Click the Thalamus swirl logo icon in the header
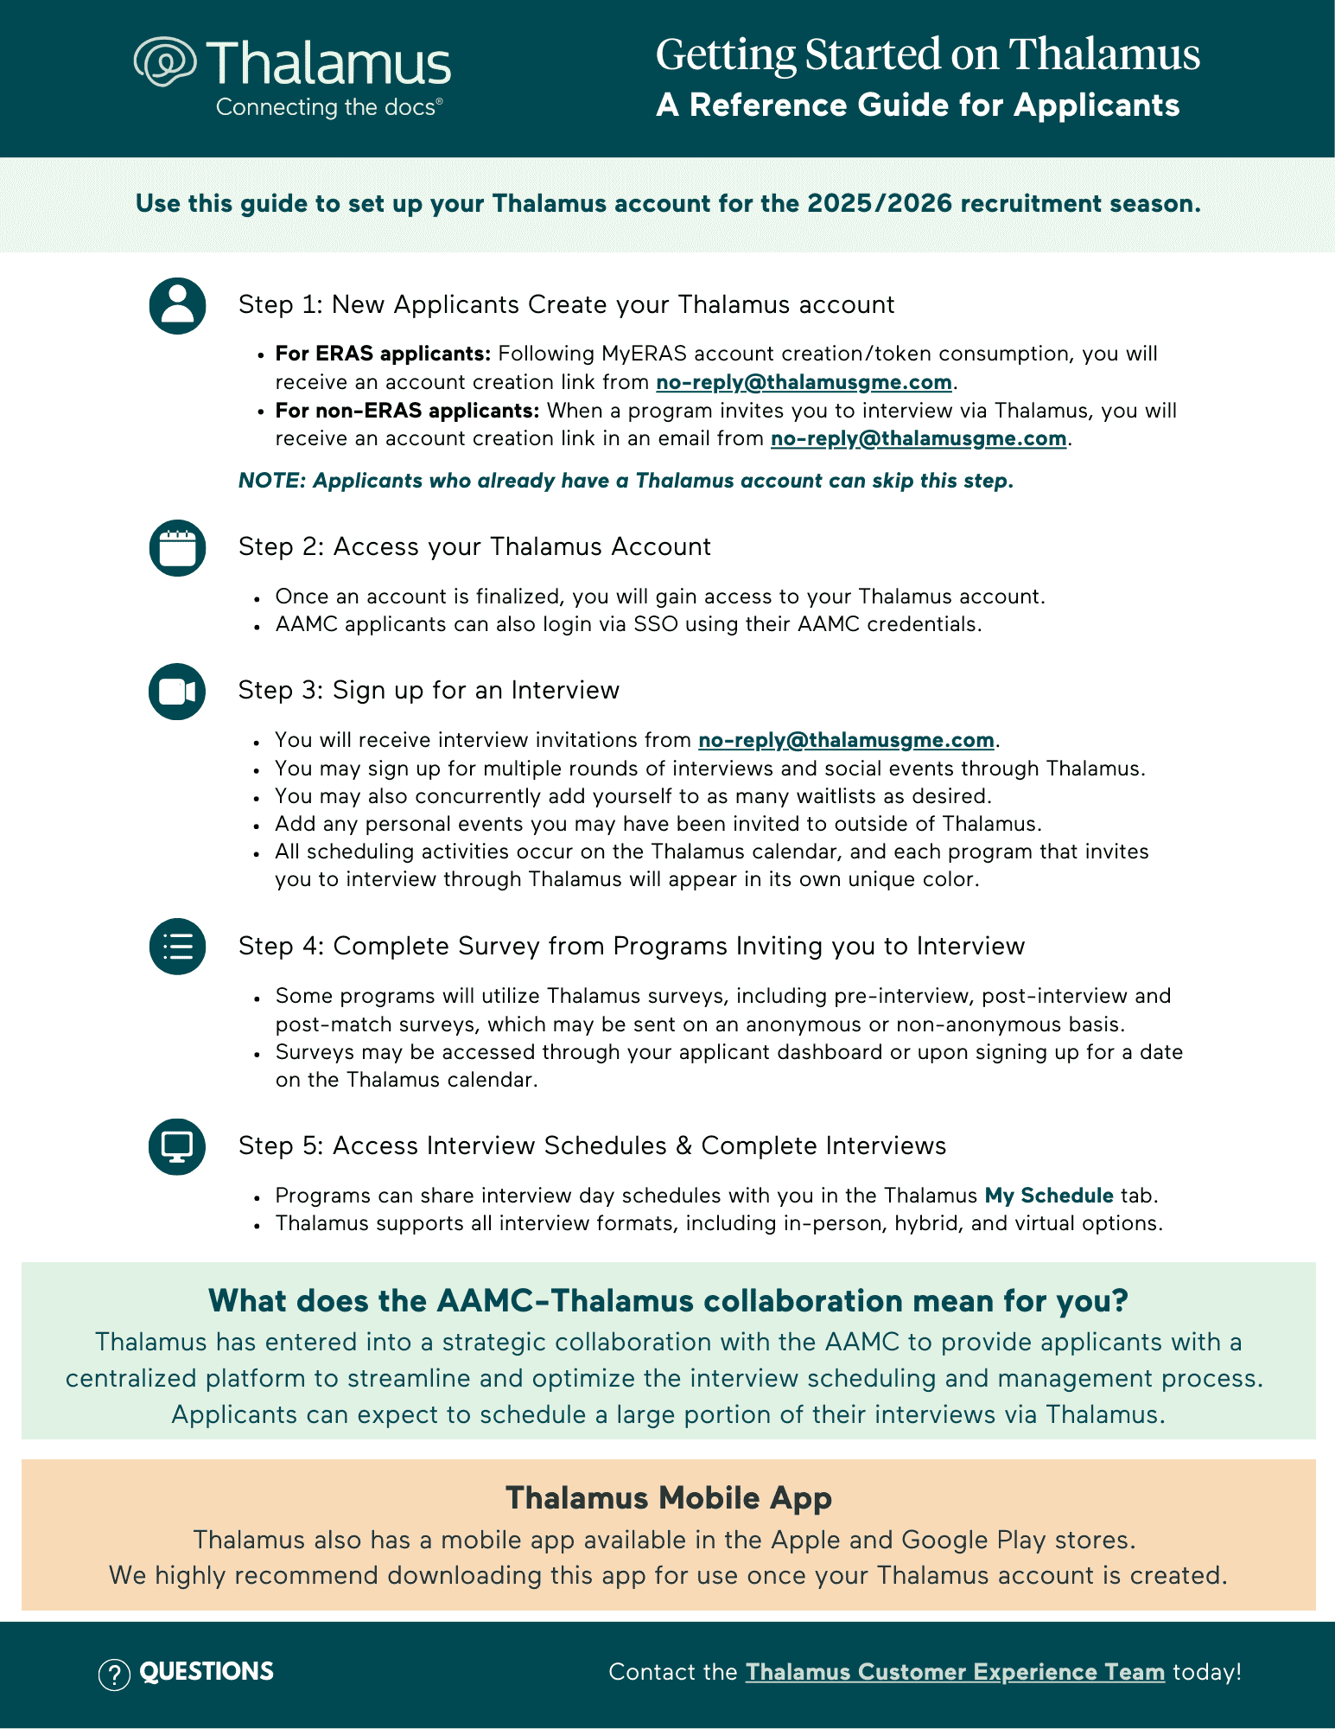[165, 62]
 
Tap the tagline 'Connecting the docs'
[328, 107]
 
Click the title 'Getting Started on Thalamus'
[927, 54]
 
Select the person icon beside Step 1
[177, 306]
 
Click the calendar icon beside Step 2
[177, 548]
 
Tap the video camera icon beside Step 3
[177, 692]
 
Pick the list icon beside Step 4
[177, 947]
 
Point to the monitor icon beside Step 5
[177, 1147]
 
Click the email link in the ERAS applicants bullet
[804, 382]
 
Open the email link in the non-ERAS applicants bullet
[918, 438]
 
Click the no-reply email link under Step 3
[846, 740]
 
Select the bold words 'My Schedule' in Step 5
[1049, 1196]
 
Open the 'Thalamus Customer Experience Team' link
[955, 1672]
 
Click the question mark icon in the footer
[114, 1675]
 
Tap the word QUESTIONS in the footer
[207, 1672]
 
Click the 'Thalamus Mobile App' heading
[668, 1497]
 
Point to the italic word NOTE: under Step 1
[271, 481]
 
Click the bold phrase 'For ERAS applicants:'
[383, 354]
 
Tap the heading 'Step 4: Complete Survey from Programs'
[631, 947]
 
